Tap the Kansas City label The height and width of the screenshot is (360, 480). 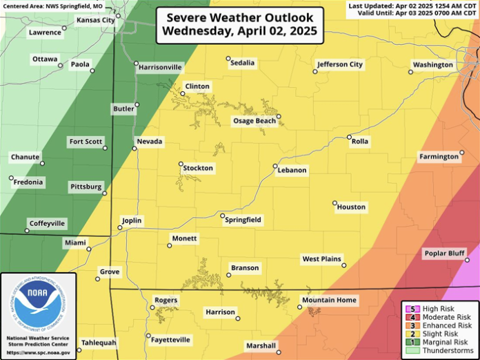point(96,21)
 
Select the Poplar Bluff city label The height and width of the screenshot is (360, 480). point(444,254)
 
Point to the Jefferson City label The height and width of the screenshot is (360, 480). point(339,65)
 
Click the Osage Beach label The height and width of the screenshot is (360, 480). point(254,121)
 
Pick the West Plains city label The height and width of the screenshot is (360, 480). point(321,259)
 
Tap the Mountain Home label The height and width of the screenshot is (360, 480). point(329,300)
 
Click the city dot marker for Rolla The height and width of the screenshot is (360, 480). point(349,137)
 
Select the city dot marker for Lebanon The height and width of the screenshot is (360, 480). point(275,167)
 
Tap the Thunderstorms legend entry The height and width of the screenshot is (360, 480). point(439,350)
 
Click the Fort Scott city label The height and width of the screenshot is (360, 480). point(86,142)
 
